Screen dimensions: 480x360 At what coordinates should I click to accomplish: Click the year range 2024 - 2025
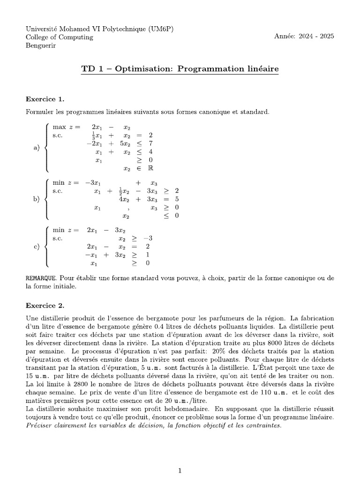(x=314, y=37)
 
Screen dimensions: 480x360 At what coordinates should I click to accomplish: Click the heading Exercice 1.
(x=45, y=99)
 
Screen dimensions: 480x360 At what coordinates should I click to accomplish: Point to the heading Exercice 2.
(x=45, y=305)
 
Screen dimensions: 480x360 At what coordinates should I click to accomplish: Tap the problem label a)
(x=37, y=148)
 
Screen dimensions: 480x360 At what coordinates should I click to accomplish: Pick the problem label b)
(x=37, y=199)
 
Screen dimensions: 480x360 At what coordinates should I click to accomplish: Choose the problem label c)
(x=37, y=247)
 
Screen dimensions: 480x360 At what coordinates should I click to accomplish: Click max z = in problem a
(x=67, y=127)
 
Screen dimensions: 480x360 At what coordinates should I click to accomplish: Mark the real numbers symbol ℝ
(x=151, y=169)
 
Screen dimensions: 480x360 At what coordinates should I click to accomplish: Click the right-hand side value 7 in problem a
(x=150, y=143)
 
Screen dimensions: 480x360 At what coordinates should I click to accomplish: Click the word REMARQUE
(x=41, y=278)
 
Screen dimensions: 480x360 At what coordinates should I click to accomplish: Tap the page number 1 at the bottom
(x=180, y=457)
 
